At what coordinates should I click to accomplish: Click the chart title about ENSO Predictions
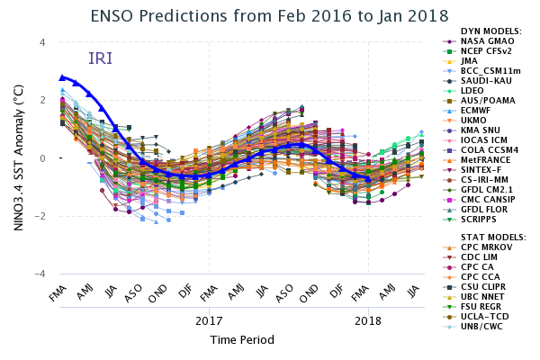click(x=269, y=15)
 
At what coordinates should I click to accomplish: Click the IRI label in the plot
click(x=100, y=58)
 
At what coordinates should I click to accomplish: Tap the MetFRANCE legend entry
click(x=485, y=159)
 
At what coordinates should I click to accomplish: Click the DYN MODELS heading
click(x=490, y=31)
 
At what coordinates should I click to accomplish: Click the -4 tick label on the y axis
click(x=40, y=274)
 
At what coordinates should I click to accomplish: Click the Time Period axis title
click(x=237, y=340)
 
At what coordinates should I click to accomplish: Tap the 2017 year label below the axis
click(x=209, y=320)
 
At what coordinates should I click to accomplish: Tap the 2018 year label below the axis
click(x=367, y=320)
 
